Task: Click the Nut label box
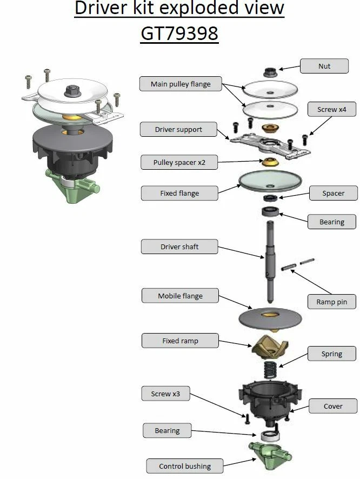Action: click(324, 66)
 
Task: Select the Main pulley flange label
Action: click(181, 84)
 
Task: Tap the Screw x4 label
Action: click(331, 109)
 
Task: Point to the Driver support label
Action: click(178, 129)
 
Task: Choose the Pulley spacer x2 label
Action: click(179, 162)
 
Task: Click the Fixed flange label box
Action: click(179, 193)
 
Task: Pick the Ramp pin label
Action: click(331, 302)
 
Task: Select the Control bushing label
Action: click(185, 466)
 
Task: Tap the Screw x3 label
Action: click(165, 394)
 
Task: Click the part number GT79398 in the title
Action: click(179, 34)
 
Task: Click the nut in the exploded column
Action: click(270, 72)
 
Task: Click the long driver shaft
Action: click(270, 261)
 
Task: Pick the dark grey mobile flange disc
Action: click(270, 319)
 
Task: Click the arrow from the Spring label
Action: click(293, 360)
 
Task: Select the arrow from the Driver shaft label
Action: click(241, 252)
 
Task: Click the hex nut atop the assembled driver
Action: click(72, 91)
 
